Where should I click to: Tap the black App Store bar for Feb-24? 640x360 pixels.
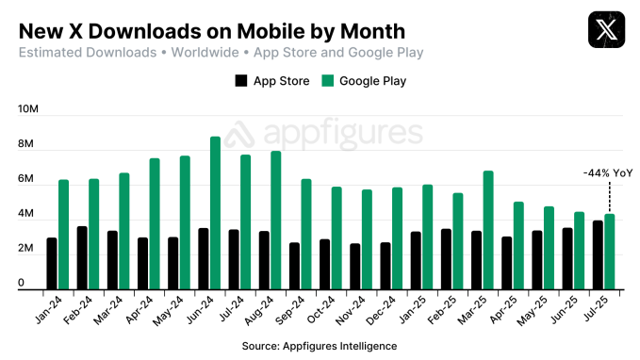point(82,257)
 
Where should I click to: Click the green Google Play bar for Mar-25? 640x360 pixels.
point(488,230)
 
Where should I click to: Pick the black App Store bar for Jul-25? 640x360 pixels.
point(598,254)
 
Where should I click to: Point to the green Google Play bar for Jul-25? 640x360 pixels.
point(609,252)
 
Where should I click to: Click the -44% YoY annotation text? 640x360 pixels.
point(608,172)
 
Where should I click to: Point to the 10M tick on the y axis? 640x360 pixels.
point(27,109)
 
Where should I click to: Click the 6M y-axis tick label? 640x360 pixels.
point(27,179)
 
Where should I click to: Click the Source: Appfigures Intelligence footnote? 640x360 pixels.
point(320,346)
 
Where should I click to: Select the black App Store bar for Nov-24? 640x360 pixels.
point(354,266)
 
